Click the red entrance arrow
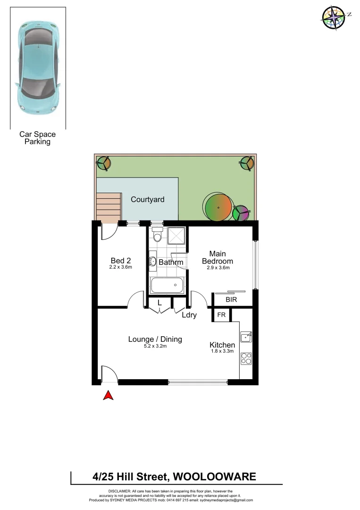109,395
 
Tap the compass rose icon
334,17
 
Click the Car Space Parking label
37,138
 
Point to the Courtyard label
148,199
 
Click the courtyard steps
109,207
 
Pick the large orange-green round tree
218,207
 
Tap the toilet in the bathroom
158,235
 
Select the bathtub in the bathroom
167,285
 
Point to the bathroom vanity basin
153,261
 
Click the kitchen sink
246,337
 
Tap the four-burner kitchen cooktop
246,358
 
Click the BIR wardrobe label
231,299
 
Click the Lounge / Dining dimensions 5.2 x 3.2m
155,346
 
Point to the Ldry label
189,315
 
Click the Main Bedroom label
218,257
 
